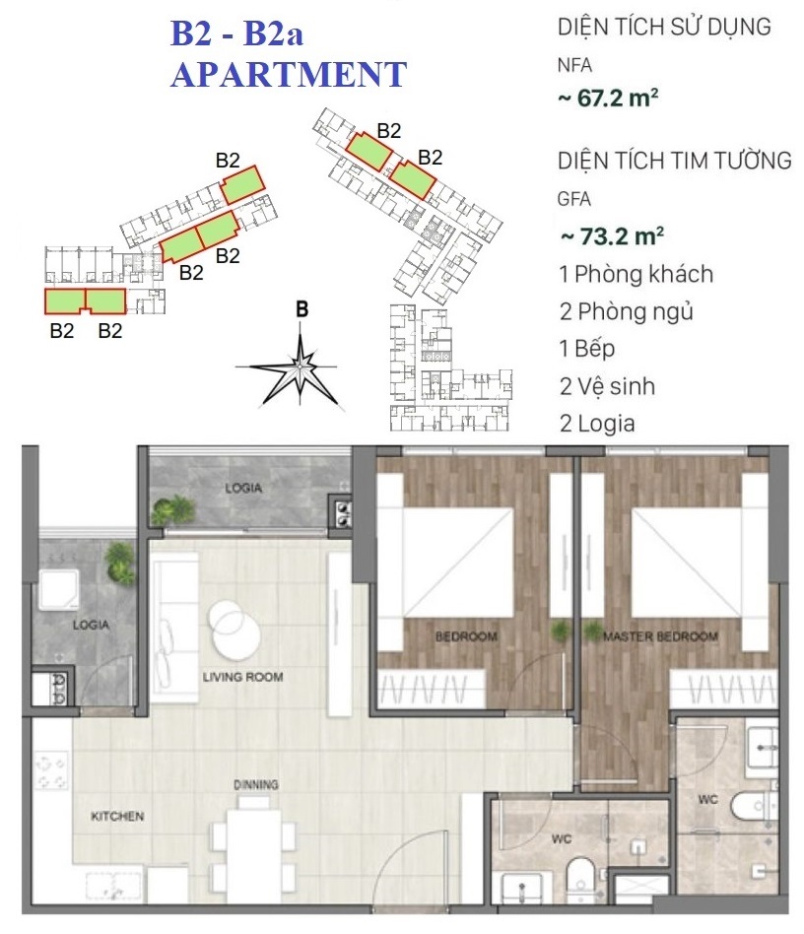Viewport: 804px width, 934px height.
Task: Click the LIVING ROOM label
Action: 242,677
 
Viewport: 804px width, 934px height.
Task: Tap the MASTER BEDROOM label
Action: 660,636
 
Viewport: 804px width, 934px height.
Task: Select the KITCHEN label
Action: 117,816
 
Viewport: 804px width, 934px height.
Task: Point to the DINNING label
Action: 255,784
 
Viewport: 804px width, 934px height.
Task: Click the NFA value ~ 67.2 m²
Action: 608,98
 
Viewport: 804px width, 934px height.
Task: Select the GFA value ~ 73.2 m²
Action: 612,236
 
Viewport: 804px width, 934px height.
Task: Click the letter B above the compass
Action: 301,309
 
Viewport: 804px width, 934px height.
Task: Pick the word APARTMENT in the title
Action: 289,75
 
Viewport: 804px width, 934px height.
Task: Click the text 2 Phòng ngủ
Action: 626,311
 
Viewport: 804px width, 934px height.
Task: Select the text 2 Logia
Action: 597,424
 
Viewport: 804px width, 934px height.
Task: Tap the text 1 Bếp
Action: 586,349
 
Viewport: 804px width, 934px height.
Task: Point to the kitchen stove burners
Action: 51,772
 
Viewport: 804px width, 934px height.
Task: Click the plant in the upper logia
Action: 174,510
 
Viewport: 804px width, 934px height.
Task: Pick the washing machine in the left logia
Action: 59,588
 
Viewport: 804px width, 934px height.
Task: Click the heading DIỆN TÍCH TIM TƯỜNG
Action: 674,161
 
